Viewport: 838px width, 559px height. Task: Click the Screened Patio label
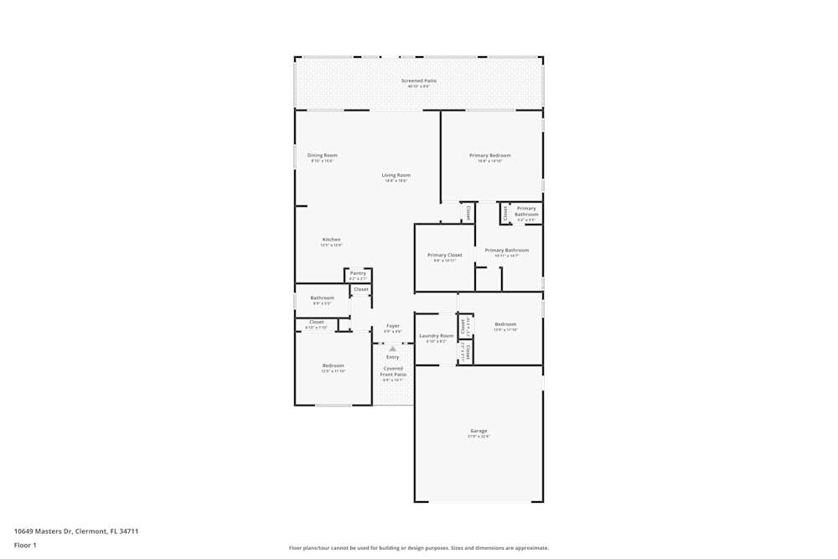click(x=418, y=81)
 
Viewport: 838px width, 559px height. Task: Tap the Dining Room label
click(x=322, y=156)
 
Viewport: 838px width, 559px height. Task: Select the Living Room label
click(x=396, y=176)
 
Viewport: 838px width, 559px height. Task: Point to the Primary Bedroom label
click(x=489, y=156)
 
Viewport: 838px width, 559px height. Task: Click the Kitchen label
click(x=331, y=241)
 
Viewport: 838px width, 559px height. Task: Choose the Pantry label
click(x=358, y=273)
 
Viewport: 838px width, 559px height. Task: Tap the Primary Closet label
click(x=444, y=256)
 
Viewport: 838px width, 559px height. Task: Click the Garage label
click(x=478, y=432)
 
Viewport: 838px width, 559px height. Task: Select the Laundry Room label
click(x=436, y=336)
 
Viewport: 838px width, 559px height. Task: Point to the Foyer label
click(x=392, y=326)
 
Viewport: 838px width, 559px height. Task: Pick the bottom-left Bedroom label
click(x=333, y=366)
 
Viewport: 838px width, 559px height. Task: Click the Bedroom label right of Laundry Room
click(x=505, y=324)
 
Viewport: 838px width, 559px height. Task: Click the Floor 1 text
click(x=25, y=546)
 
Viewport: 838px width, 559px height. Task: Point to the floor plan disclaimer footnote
click(x=418, y=548)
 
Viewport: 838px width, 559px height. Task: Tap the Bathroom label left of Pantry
click(x=322, y=298)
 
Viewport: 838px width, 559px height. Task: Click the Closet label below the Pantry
click(x=360, y=289)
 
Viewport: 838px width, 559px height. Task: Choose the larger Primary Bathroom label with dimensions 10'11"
click(x=506, y=251)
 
